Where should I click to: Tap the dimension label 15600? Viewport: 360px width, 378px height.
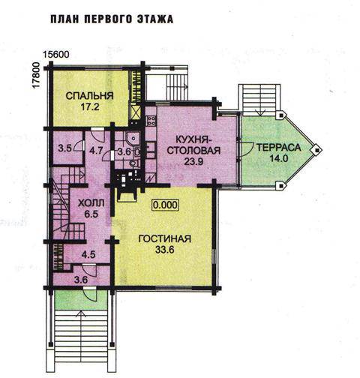56,55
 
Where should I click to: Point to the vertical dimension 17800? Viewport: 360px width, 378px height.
36,75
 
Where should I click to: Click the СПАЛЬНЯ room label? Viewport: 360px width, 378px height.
90,96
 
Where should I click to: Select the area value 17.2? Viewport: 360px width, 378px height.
90,107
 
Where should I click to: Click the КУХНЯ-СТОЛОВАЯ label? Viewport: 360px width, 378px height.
193,145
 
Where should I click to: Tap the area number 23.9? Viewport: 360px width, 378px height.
193,162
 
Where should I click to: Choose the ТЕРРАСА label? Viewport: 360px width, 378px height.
279,148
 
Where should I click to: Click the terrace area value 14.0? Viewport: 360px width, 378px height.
279,158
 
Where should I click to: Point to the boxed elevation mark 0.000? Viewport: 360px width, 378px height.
166,205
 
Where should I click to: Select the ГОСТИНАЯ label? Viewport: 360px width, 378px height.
165,238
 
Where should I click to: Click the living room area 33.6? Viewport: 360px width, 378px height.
165,250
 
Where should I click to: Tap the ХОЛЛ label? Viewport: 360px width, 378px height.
91,203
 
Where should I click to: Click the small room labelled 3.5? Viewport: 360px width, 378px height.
65,148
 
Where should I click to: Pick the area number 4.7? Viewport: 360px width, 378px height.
96,151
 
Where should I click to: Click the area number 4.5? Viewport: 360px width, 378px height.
88,255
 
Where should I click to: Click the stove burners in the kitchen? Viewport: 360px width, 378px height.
150,121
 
